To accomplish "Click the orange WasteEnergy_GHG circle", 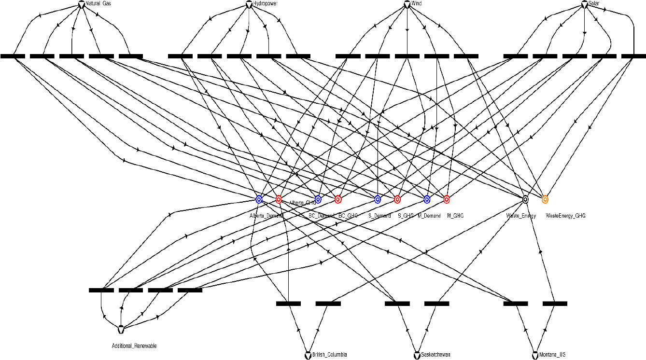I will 545,199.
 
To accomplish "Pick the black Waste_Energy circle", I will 525,199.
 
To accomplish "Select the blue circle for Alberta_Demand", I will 259,199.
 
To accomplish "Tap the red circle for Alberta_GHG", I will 279,199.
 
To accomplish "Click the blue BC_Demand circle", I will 318,199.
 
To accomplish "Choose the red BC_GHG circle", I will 338,199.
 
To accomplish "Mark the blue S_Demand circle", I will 378,199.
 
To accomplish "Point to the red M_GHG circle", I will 447,199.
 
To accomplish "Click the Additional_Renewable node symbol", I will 121,330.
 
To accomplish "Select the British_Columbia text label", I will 329,355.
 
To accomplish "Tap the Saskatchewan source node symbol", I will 417,356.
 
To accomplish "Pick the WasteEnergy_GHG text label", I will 565,216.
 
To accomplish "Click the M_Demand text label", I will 429,216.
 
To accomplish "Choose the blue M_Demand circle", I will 427,199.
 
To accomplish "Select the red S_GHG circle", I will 397,199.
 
